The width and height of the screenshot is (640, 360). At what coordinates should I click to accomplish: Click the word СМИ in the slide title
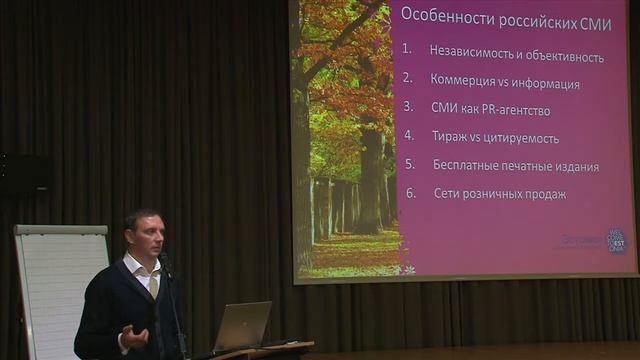[590, 17]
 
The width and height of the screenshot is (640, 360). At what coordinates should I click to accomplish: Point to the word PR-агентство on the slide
[515, 110]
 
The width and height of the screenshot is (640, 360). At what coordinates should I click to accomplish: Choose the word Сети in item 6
[448, 194]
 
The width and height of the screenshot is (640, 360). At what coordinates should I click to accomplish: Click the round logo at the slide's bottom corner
[617, 240]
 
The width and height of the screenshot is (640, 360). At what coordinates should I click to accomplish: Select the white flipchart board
[60, 290]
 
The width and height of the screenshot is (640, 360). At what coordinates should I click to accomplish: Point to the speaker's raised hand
[135, 337]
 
